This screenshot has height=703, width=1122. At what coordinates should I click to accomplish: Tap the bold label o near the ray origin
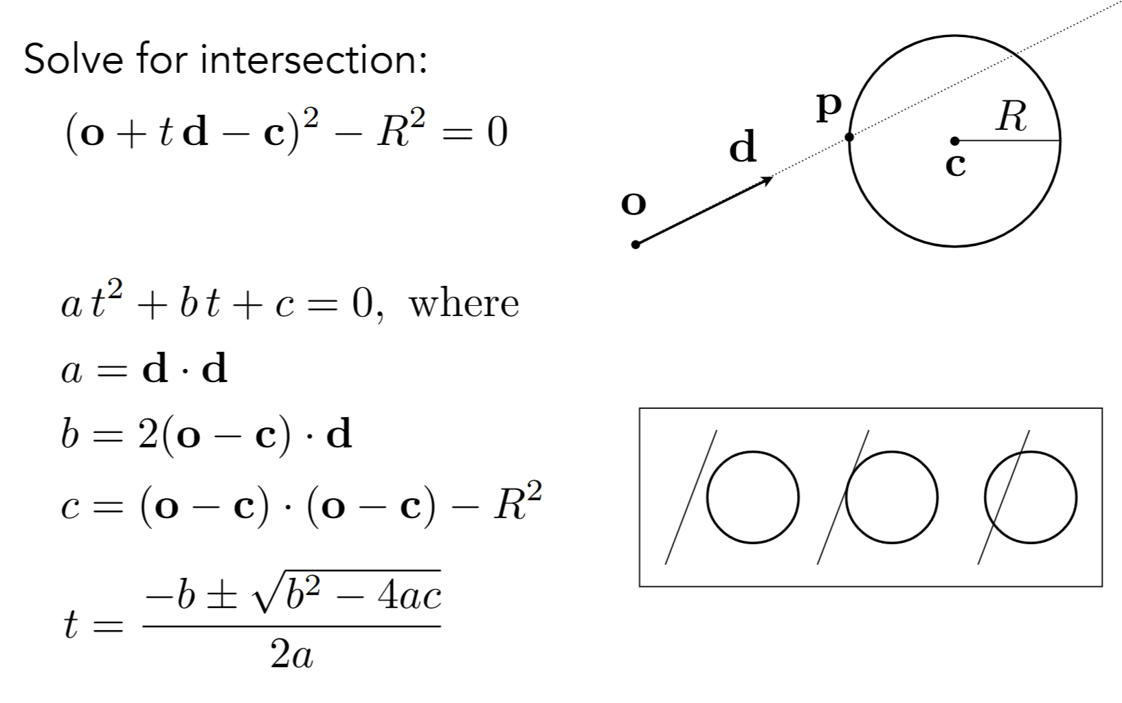tap(633, 203)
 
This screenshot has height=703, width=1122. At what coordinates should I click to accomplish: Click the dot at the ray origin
tap(636, 244)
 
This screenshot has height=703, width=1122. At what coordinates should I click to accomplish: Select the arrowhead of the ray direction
tap(767, 180)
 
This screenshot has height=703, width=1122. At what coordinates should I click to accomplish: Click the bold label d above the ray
tap(743, 147)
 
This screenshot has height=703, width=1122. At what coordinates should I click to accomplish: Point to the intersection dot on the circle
tap(849, 137)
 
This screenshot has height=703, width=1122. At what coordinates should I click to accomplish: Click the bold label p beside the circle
tap(829, 107)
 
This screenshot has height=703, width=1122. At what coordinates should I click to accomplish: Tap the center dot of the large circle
tap(954, 141)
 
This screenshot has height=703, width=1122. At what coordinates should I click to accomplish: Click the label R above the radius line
tap(1012, 116)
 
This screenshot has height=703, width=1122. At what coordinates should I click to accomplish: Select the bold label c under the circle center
tap(956, 166)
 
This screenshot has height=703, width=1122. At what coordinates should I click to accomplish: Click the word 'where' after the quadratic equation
tap(464, 304)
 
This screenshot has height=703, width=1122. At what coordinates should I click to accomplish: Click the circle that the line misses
tap(752, 497)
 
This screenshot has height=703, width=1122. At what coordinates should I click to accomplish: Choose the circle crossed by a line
tap(1030, 497)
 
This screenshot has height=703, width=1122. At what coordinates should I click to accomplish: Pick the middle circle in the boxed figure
tap(891, 497)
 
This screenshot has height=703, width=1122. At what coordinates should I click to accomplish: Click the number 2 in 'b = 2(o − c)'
tap(148, 435)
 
